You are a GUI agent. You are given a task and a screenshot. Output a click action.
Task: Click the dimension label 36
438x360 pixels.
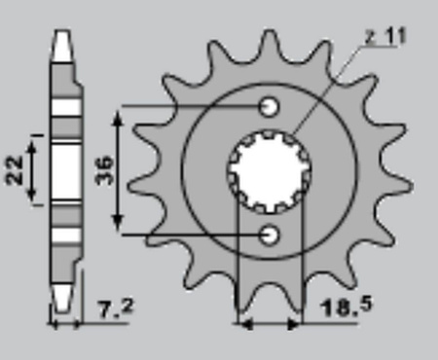coord(105,170)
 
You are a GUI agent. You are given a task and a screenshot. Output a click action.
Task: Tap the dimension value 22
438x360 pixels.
coord(15,170)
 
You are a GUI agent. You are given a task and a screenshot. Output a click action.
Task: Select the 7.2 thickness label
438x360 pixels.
coord(115,309)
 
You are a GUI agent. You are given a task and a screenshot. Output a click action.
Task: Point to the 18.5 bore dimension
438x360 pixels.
coord(347,307)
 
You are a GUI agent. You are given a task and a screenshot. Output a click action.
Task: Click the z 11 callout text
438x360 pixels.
coord(385,36)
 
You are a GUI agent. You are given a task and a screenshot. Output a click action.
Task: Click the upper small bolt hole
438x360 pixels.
coord(269,106)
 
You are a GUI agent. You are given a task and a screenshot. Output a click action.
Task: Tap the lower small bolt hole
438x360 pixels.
coord(269,234)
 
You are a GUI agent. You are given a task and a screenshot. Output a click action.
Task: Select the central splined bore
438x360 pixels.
coord(270,171)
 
